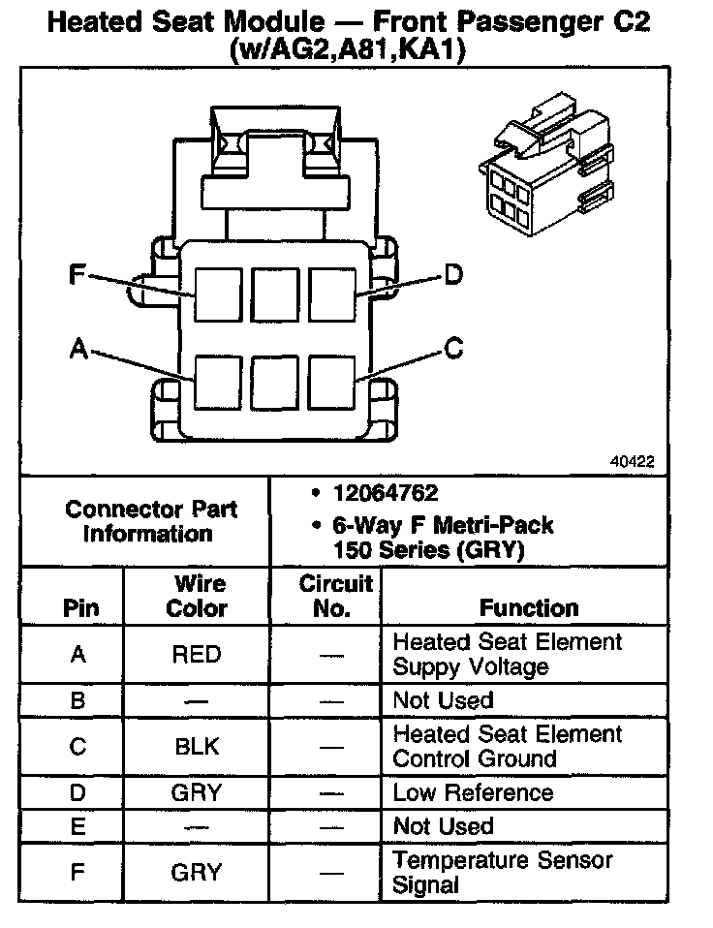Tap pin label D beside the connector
(453, 277)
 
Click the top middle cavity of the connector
(275, 294)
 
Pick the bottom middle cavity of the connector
(275, 383)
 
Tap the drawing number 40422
(632, 463)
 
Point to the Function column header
(529, 608)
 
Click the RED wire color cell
(197, 654)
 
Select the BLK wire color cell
(197, 746)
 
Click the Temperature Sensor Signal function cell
(503, 872)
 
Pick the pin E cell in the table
(78, 826)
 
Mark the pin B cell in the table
(78, 700)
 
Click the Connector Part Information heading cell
(150, 521)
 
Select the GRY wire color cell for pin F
(197, 872)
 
